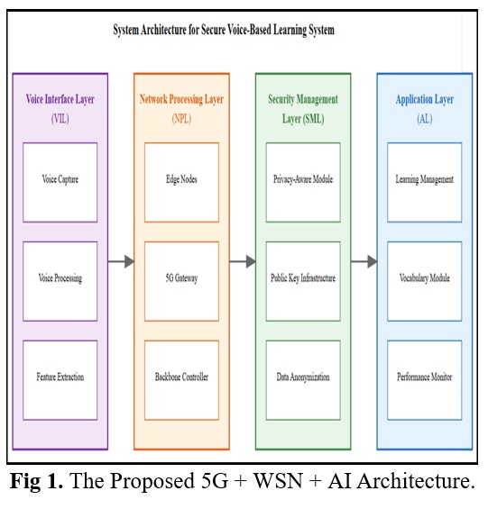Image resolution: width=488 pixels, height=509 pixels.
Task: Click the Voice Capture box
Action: (60, 183)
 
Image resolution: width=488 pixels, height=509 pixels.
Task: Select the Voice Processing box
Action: (60, 281)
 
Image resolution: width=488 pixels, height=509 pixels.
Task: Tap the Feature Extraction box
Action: (60, 380)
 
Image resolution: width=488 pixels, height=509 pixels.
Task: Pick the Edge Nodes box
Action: (181, 183)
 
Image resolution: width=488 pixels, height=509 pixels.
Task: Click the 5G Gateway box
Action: (181, 281)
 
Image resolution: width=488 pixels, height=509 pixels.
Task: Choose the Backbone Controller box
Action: (181, 380)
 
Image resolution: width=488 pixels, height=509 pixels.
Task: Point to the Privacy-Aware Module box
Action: (303, 183)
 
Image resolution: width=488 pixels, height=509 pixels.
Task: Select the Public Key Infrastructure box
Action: (303, 281)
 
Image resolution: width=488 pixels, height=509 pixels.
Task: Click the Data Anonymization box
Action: (303, 380)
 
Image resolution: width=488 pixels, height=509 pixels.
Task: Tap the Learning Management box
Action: (425, 183)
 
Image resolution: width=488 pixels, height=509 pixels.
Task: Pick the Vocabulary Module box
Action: (425, 281)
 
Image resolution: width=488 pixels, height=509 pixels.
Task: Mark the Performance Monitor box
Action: (425, 380)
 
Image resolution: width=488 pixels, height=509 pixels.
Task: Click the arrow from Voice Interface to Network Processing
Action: (121, 261)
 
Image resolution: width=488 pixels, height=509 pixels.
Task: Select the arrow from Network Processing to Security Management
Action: (243, 261)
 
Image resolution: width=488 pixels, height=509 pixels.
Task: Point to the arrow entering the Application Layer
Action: (364, 261)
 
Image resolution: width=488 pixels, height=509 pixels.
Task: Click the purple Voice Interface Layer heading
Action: (60, 99)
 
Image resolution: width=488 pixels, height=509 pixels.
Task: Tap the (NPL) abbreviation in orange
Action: (181, 119)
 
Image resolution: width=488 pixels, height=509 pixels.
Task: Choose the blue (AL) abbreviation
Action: (425, 119)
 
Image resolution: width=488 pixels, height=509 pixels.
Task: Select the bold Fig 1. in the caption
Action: (36, 481)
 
